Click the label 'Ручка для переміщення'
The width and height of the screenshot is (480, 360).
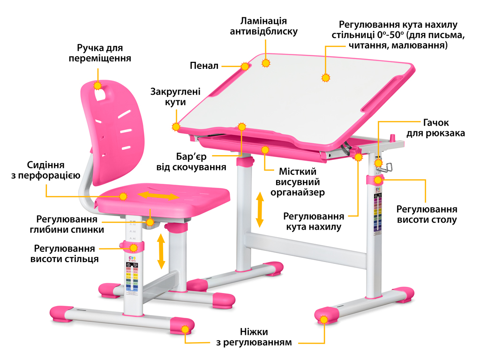coord(99,53)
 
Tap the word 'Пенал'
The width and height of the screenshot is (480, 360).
coord(204,66)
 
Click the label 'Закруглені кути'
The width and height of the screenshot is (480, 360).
coord(175,97)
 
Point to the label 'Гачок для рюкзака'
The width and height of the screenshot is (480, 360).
coord(435,128)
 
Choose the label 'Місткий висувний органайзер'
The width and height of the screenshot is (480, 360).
coord(298,182)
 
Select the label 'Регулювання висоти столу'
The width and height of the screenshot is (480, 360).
coord(427,215)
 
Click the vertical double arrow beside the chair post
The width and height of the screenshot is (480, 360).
coord(161,251)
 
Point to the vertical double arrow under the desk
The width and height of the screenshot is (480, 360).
coord(259,209)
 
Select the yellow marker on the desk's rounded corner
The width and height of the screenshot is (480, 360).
coord(176,126)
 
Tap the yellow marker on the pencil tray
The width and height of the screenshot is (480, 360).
coord(245,66)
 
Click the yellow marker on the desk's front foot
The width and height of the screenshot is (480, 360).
coord(323,319)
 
